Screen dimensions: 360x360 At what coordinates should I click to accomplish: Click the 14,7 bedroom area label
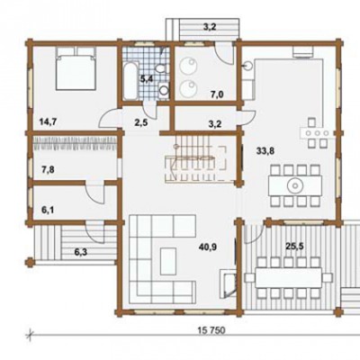(x=49, y=121)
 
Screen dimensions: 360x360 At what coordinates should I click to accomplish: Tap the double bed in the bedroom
(x=76, y=68)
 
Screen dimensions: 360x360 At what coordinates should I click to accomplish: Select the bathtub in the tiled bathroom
(x=130, y=81)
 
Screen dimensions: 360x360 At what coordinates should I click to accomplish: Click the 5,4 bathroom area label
(x=147, y=79)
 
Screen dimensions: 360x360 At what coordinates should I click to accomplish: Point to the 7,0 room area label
(x=217, y=95)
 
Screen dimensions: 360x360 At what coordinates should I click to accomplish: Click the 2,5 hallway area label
(x=140, y=122)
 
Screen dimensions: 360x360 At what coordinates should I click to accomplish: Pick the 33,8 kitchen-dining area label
(x=265, y=151)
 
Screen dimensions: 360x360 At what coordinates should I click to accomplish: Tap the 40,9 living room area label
(x=208, y=247)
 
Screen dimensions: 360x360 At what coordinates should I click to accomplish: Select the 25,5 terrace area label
(x=294, y=247)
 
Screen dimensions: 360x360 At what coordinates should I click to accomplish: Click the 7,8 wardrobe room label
(x=48, y=170)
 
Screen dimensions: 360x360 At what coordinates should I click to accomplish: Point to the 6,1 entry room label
(x=48, y=210)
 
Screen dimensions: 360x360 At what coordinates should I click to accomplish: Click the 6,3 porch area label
(x=80, y=252)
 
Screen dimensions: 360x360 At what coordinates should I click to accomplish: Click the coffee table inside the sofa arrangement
(x=168, y=261)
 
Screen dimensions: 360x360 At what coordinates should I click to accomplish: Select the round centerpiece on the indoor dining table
(x=295, y=186)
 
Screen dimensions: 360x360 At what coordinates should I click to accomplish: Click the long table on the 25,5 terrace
(x=289, y=277)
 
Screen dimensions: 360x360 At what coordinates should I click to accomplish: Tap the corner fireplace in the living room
(x=229, y=283)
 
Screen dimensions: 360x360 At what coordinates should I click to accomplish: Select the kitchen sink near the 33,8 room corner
(x=247, y=66)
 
